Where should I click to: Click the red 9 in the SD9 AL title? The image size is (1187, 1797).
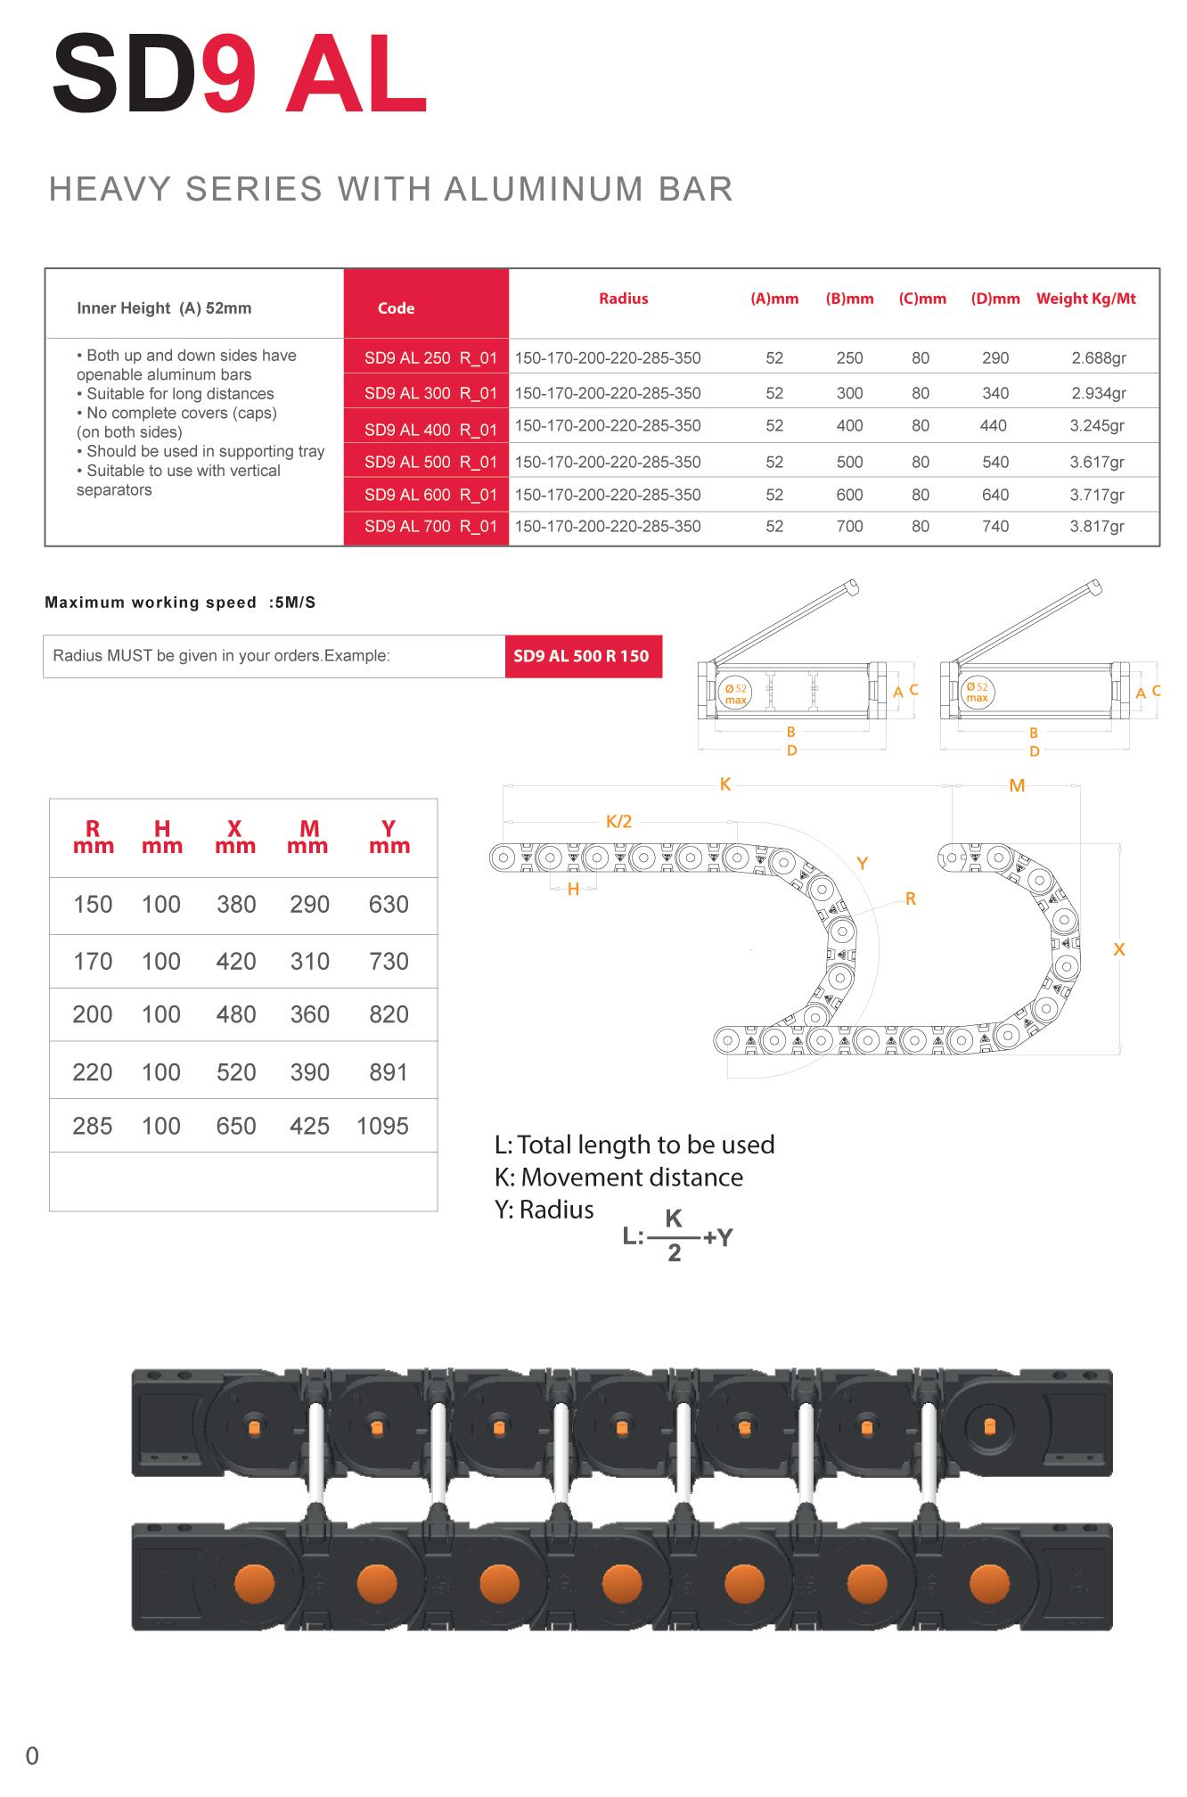point(229,75)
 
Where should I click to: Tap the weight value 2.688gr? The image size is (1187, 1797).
point(1098,358)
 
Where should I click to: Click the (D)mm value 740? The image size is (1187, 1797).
point(995,527)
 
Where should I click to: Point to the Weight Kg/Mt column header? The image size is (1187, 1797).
point(1085,299)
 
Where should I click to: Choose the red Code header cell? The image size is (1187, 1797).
point(397,308)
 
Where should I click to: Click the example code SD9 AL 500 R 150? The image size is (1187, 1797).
point(581,656)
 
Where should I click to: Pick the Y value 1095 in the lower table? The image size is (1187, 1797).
point(382,1127)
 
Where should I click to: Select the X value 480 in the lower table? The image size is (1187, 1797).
point(236,1015)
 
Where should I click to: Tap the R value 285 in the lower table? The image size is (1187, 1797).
point(93,1127)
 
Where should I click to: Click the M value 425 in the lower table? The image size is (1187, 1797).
point(309,1127)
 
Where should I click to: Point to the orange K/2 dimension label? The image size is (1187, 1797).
point(618,822)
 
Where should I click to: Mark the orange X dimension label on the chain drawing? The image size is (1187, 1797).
point(1119,950)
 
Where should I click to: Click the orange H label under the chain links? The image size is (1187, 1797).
point(573,889)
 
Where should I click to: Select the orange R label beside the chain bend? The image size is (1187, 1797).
point(910,898)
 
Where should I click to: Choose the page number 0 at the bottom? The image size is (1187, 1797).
point(32,1756)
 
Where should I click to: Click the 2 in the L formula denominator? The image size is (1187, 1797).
point(675,1253)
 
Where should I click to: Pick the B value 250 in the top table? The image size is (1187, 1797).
point(849,358)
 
